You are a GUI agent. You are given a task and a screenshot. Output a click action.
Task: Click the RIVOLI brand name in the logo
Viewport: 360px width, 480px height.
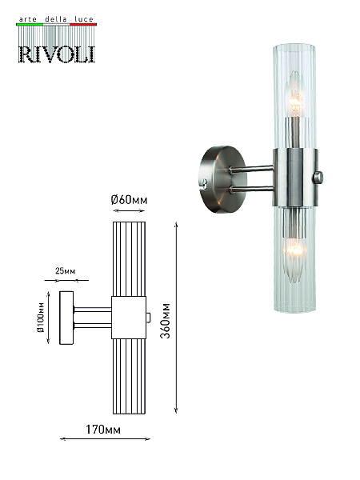tap(57, 54)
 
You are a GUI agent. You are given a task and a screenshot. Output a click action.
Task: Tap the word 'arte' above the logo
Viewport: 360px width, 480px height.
tap(27, 19)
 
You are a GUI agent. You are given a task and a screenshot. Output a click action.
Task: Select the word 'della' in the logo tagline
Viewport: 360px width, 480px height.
tap(56, 19)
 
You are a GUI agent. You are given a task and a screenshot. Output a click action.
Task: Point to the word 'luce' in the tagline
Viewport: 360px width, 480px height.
tap(83, 19)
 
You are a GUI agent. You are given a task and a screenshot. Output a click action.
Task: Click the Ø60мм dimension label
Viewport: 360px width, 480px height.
tap(129, 200)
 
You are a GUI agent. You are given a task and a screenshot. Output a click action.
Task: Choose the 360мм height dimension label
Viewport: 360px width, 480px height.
tap(166, 321)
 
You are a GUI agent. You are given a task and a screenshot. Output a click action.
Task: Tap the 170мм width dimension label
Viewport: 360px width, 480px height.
tap(103, 430)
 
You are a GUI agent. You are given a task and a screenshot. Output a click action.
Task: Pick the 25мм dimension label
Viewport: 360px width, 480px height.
tap(66, 271)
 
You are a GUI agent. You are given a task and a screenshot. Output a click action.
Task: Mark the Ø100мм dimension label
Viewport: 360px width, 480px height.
tap(41, 318)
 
